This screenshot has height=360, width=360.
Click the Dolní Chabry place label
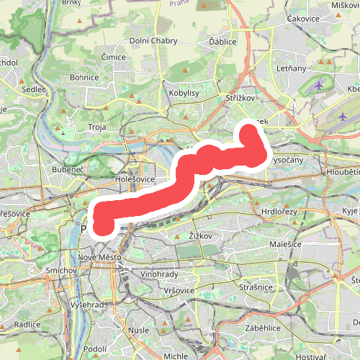click(x=153, y=41)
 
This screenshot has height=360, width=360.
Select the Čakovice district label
click(x=303, y=17)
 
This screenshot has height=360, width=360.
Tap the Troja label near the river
click(x=96, y=127)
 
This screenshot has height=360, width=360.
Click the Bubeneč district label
click(x=68, y=169)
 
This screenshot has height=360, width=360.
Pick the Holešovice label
click(x=135, y=179)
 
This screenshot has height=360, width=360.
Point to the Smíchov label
click(x=62, y=271)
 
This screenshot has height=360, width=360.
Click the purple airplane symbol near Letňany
click(x=320, y=86)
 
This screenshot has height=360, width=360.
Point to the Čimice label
click(x=113, y=56)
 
